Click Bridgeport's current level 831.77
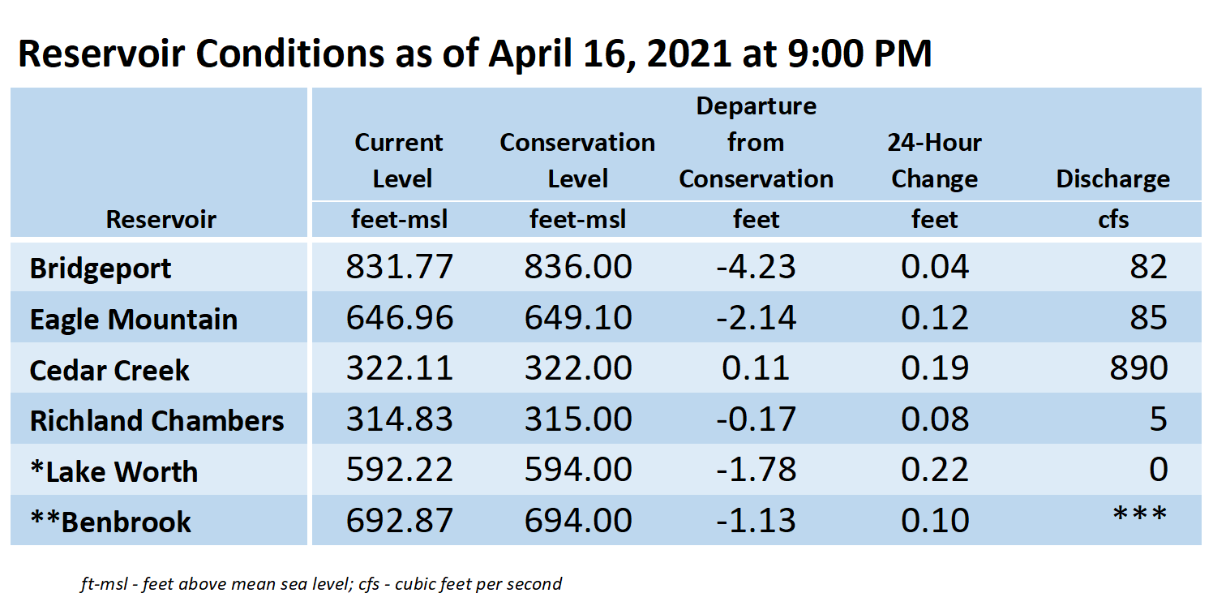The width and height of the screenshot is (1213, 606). click(399, 266)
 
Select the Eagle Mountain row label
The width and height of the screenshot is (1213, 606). click(133, 319)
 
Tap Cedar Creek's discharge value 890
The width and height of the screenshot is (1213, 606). click(1138, 368)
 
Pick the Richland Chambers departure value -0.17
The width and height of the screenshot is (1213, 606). click(756, 419)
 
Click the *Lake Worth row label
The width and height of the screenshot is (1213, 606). click(114, 471)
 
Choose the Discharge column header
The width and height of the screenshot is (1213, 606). click(1112, 178)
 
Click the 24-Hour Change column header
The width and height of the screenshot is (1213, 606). click(935, 161)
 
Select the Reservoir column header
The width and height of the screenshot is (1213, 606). click(161, 219)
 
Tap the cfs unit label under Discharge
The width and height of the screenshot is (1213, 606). click(1113, 219)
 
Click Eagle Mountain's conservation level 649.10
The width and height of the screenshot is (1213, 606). click(578, 317)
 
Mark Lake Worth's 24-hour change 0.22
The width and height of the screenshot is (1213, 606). click(935, 470)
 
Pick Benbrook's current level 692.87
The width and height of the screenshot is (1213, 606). click(399, 521)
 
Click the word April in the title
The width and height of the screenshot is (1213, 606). click(529, 54)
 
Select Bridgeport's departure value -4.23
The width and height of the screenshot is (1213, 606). click(756, 266)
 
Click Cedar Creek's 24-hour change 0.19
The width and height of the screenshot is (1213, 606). click(935, 368)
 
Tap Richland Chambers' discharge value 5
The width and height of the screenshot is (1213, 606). click(1158, 419)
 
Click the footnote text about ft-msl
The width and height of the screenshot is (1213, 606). click(321, 584)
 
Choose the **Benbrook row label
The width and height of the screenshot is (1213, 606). click(110, 522)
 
